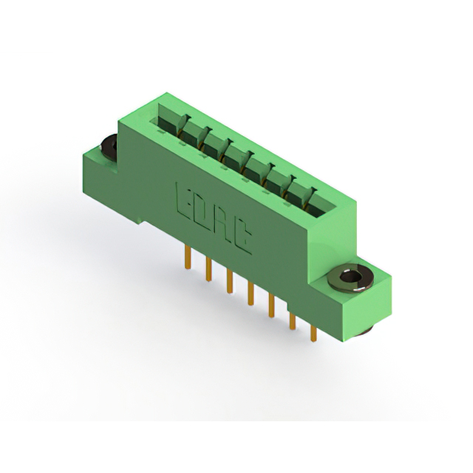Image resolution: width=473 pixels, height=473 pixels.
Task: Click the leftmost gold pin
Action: [188, 257]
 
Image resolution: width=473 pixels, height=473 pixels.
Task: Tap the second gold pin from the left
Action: [208, 269]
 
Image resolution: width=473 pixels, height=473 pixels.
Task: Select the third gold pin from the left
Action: [230, 282]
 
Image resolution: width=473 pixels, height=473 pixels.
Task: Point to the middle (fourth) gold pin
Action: [251, 293]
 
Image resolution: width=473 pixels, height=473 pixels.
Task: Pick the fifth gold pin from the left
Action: [271, 306]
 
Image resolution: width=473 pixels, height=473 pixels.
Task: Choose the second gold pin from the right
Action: [293, 321]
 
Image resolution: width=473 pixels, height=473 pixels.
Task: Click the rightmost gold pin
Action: [313, 333]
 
